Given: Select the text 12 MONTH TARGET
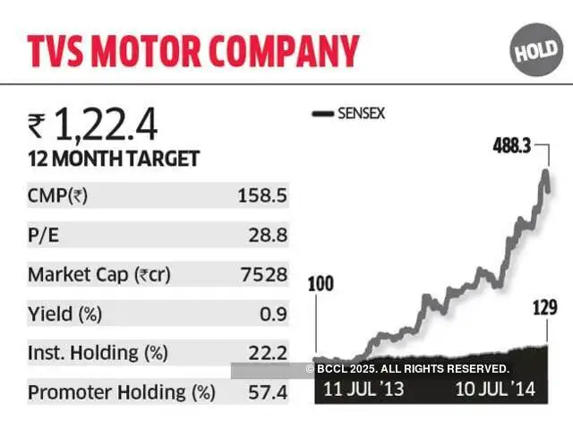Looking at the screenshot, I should coord(114,159).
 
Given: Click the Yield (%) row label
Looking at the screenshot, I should coord(65,314).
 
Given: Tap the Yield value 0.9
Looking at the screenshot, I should coord(276,314).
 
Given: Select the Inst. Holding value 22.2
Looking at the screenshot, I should coord(269,353).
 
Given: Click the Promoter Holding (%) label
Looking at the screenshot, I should coord(122,392).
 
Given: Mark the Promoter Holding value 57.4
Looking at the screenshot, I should coord(269,392).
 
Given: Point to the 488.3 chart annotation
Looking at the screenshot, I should coord(512,145).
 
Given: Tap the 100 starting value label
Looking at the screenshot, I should coord(321,286).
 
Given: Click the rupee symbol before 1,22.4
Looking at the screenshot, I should coord(36,127).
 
